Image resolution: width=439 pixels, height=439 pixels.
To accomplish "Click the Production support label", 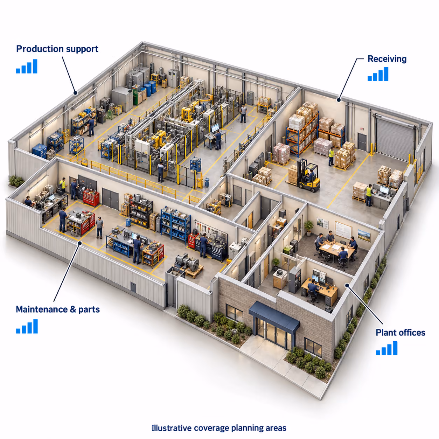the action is click(57, 49).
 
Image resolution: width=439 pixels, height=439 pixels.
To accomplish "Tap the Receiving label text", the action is click(387, 59).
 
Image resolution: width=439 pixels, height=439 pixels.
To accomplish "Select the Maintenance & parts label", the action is click(58, 309).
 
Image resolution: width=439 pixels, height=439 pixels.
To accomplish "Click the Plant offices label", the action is click(400, 333).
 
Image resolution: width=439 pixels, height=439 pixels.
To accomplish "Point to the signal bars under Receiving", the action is click(378, 74).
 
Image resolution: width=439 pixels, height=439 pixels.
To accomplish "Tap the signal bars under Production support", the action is click(27, 66).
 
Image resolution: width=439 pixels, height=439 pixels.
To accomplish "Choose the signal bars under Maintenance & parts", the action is click(27, 326).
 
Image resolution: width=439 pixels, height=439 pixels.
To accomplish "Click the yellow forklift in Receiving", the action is click(308, 175).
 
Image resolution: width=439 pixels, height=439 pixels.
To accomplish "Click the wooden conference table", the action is click(337, 249).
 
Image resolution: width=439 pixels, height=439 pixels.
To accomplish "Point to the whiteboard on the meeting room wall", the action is click(343, 230).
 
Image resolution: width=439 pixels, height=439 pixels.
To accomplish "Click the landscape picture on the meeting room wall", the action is click(364, 236).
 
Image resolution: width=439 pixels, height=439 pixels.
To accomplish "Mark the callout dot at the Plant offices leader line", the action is click(347, 285).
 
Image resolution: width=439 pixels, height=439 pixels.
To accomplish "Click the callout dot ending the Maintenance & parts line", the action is click(80, 243).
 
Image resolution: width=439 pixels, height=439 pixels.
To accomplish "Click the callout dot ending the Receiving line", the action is click(339, 100).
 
